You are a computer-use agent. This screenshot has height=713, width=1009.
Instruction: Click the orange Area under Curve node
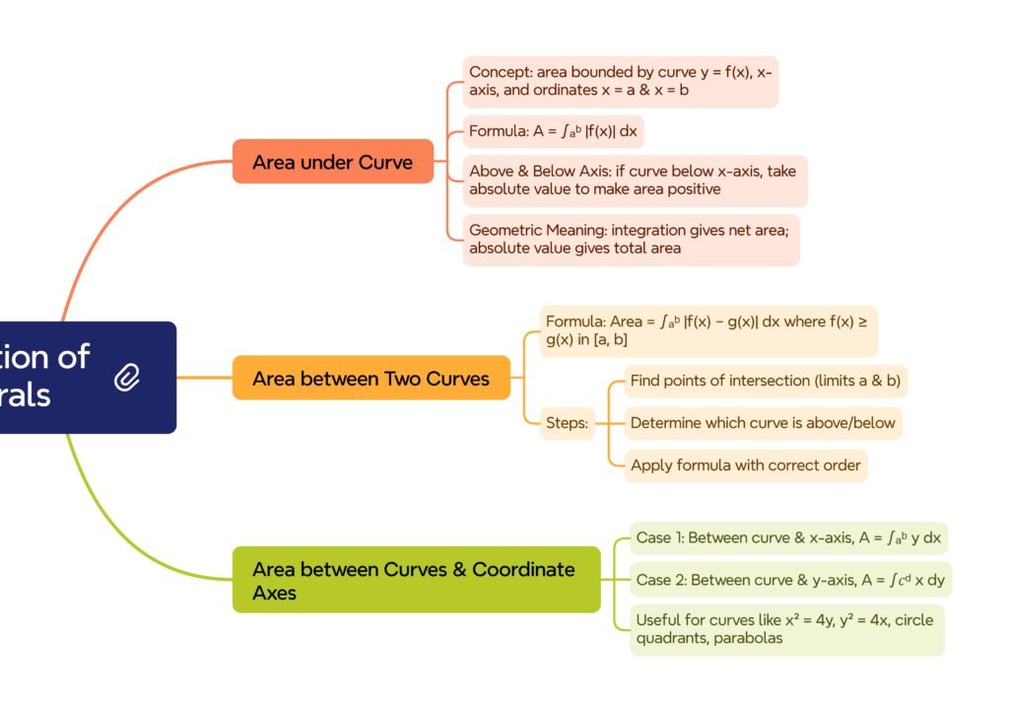[x=332, y=162]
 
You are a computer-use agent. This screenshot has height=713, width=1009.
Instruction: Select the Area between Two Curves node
[x=370, y=379]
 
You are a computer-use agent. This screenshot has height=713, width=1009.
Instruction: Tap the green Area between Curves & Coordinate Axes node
[x=416, y=580]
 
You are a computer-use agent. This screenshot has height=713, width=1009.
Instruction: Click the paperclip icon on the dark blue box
[x=127, y=377]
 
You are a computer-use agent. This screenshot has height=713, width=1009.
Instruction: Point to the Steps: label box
[x=568, y=423]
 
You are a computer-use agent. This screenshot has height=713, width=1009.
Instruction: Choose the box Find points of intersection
[x=766, y=381]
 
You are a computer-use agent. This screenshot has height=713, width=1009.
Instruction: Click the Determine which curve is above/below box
[x=763, y=423]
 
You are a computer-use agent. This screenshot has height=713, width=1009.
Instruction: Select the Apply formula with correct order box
[x=745, y=465]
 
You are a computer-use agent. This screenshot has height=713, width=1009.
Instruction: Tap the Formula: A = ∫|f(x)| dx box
[x=553, y=129]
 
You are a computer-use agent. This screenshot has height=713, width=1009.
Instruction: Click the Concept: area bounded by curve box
[x=620, y=81]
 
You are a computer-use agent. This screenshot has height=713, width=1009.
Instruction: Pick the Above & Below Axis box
[x=635, y=179]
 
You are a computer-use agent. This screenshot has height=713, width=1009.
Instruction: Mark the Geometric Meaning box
[x=631, y=240]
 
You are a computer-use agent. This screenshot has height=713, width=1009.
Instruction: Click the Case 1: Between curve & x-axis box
[x=788, y=537]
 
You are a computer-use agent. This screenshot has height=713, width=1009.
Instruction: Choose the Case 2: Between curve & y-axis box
[x=790, y=580]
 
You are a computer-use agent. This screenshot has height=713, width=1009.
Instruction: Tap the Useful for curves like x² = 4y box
[x=786, y=629]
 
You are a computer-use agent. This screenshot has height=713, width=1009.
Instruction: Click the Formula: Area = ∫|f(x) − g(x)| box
[x=706, y=330]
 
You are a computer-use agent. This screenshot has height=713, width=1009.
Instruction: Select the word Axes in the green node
[x=274, y=593]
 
